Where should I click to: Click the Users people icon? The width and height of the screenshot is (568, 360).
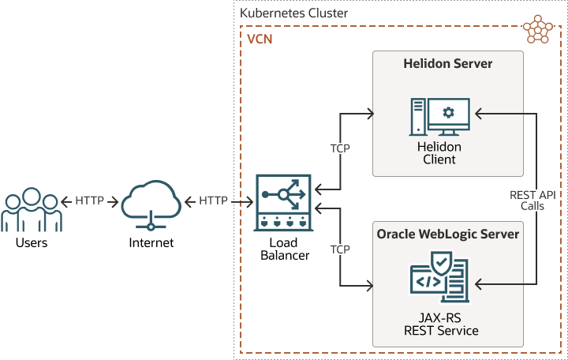point(31,208)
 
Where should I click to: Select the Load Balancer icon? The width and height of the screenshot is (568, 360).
point(284,203)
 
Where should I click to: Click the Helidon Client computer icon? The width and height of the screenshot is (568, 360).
point(439,116)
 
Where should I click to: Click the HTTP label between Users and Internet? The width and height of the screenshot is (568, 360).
point(90,201)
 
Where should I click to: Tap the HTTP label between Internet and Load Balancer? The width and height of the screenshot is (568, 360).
point(214,201)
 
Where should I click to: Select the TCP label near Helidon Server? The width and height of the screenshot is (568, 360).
point(340,148)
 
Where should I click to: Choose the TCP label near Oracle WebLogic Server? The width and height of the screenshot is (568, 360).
point(340,249)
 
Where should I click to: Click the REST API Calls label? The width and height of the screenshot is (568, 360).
point(538,200)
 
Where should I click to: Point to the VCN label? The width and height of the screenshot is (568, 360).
point(260,39)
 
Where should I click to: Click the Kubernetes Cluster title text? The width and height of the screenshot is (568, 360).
point(293,13)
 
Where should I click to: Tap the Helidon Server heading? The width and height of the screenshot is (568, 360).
point(447,63)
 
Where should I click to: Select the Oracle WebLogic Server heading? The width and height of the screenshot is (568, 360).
point(448,234)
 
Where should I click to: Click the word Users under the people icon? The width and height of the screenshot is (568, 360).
point(32,242)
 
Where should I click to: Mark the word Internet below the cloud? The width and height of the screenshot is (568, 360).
point(151,242)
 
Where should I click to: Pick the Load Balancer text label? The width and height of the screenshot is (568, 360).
point(284,249)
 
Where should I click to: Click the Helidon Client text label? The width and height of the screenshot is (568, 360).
point(439,153)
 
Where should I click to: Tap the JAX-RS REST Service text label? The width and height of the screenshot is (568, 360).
point(439,324)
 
